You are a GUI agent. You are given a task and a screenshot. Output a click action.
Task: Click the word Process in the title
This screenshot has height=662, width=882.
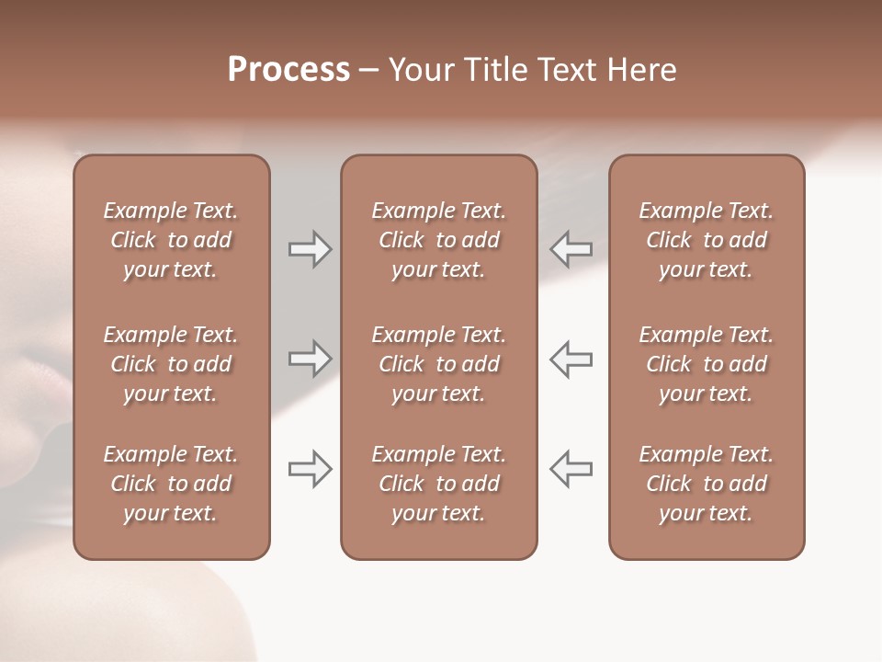point(288,70)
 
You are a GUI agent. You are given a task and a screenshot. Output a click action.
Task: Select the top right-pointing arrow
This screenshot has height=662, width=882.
point(311,249)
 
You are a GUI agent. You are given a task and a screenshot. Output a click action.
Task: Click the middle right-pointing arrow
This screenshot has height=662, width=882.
point(311,359)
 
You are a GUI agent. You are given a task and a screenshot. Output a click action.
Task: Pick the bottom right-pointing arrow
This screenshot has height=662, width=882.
point(311,469)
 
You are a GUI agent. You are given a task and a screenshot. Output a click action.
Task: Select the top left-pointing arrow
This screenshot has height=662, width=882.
point(571,249)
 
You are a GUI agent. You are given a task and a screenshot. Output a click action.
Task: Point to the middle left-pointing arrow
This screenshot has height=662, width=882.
point(571,359)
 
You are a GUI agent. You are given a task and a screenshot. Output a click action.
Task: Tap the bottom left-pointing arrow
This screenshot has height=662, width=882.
point(571,469)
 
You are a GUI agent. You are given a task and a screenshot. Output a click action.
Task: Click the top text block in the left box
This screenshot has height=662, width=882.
point(171,240)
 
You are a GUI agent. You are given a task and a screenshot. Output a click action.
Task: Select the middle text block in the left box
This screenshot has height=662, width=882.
point(171,364)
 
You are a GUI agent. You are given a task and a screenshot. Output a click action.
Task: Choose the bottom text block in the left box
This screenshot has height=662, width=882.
point(171,484)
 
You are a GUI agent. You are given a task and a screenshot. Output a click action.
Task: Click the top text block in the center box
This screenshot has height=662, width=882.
point(439,240)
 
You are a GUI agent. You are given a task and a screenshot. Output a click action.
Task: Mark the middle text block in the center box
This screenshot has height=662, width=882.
point(439,364)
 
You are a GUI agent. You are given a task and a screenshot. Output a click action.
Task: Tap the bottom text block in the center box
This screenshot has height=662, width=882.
point(439,484)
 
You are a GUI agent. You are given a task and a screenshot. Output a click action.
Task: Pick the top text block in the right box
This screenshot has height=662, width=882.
point(707,240)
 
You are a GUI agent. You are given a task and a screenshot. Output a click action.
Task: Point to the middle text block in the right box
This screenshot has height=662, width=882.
point(707,364)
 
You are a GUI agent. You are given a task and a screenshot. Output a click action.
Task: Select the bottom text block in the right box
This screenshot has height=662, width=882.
point(707,484)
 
